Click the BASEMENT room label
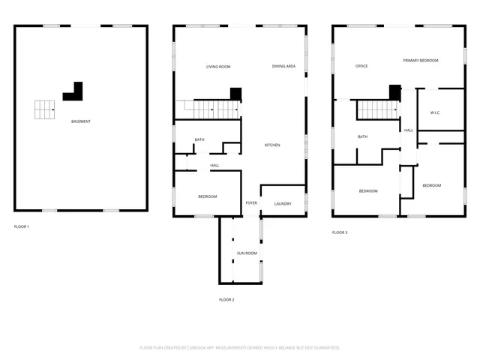pos(81,121)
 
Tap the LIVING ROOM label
pos(218,67)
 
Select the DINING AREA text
pos(283,67)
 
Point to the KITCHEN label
pos(271,145)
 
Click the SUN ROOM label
pos(247,253)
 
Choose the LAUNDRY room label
pos(283,203)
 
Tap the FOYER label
pos(251,203)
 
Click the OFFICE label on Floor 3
pos(361,66)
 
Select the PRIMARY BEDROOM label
pos(420,60)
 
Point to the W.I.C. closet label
pos(435,113)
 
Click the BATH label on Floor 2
pos(199,139)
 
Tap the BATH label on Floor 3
pos(362,136)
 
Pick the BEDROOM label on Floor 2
pos(207,196)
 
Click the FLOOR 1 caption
pos(22,226)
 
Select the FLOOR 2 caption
pos(226,299)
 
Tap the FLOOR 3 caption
pos(340,232)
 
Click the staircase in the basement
pos(45,109)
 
